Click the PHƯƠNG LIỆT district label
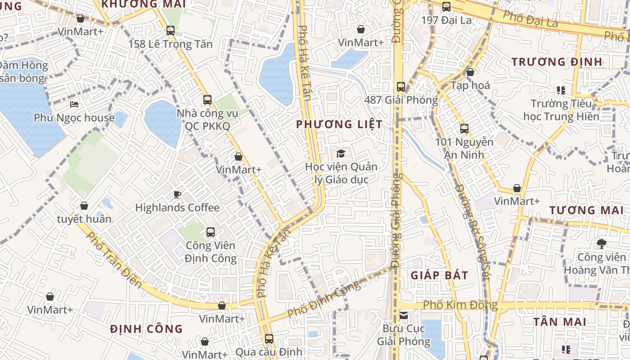pos(340,125)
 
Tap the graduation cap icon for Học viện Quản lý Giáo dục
pos(341,153)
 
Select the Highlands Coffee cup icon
pos(177,194)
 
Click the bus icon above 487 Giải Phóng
pos(400,86)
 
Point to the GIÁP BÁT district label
pos(439,275)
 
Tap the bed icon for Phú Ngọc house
pos(74,105)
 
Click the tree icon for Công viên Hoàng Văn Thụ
pos(601,244)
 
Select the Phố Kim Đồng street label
pos(460,305)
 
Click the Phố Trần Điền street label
pos(114,260)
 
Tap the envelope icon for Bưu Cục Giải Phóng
pos(404,315)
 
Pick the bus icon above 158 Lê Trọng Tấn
pos(170,31)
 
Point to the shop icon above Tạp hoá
pos(470,72)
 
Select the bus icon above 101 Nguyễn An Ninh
pos(464,129)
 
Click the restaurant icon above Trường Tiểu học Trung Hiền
pos(561,90)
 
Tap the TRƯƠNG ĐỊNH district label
pos(557,62)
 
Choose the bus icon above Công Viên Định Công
pos(210,232)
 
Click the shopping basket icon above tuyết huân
pos(84,206)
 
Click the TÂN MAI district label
pos(559,322)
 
